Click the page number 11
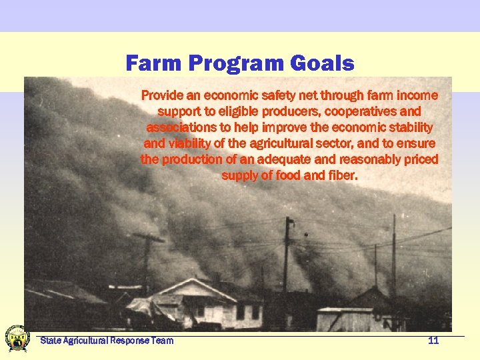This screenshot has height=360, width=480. click(x=433, y=341)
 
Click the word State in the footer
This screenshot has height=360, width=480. click(x=51, y=341)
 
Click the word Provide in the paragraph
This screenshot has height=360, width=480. click(x=161, y=95)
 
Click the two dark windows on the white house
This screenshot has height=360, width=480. click(x=247, y=312)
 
